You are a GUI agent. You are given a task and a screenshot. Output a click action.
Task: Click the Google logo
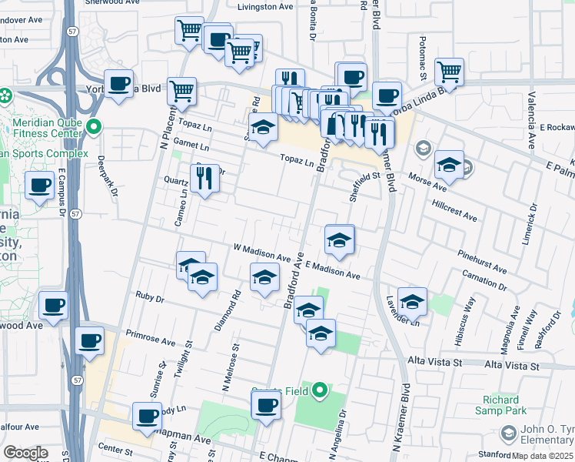(x=25, y=453)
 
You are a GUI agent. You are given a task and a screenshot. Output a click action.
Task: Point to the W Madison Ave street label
(x=261, y=253)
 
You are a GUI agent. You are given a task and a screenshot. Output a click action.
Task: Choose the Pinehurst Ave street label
(x=480, y=261)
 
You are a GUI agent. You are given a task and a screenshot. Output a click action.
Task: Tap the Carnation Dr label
(x=484, y=280)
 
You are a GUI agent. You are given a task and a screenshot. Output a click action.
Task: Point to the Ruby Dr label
(x=150, y=296)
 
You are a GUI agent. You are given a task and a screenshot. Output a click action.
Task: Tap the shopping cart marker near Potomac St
(x=449, y=72)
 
